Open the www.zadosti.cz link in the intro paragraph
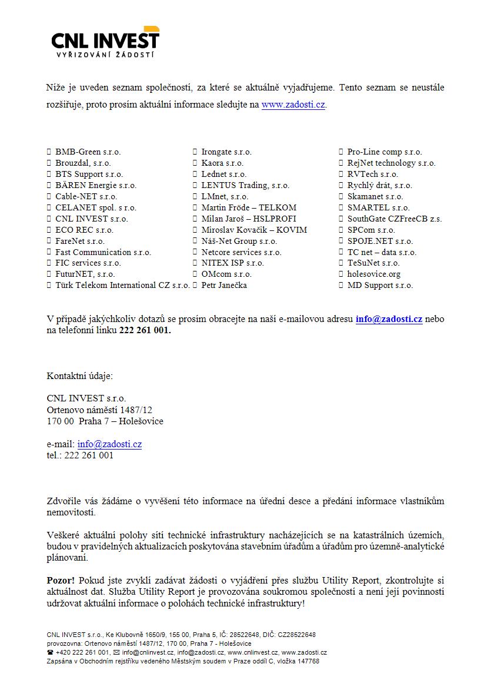[293, 105]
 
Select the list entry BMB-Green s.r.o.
[88, 152]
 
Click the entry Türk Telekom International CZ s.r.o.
[122, 286]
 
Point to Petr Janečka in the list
[224, 286]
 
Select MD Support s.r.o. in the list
[380, 286]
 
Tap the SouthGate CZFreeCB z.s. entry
[395, 219]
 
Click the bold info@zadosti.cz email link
[389, 320]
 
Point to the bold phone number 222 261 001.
[145, 331]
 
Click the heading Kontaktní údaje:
[79, 376]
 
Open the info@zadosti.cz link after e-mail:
[109, 444]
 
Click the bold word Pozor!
[61, 580]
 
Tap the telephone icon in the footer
[50, 652]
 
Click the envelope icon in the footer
[116, 652]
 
